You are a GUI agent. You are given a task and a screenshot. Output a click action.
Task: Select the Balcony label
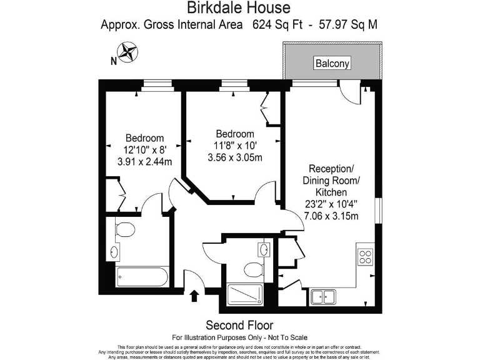(x=332, y=63)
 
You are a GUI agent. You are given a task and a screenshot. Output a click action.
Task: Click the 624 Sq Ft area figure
(x=281, y=25)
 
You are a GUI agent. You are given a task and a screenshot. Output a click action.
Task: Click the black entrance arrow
(x=194, y=295)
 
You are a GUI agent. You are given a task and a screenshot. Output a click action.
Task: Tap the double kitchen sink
(x=324, y=297)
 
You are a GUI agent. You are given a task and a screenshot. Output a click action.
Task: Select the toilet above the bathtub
(x=125, y=229)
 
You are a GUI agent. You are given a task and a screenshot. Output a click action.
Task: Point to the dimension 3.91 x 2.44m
(x=144, y=161)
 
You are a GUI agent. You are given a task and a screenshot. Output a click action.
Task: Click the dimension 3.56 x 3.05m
(x=234, y=157)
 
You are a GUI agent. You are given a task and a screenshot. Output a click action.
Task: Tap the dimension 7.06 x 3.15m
(x=331, y=216)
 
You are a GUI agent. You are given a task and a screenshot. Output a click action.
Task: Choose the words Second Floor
(x=239, y=325)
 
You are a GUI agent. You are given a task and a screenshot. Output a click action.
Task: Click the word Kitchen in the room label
(x=331, y=192)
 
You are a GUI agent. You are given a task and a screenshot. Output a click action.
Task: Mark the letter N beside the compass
(x=113, y=61)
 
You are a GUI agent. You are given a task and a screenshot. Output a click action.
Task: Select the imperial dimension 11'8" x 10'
(x=234, y=146)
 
